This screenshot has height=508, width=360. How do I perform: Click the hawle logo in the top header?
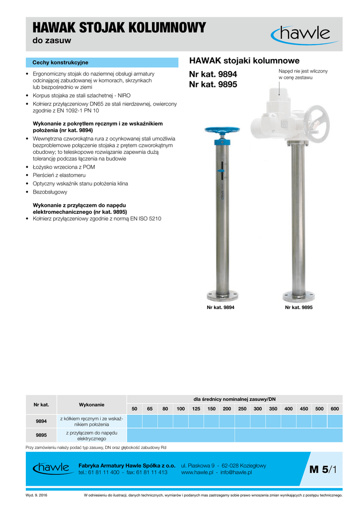(x=301, y=34)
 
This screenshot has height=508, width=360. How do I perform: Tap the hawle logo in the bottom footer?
(x=51, y=468)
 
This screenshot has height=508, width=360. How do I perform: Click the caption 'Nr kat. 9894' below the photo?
(x=220, y=308)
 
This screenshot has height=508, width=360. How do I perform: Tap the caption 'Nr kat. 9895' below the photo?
(x=298, y=308)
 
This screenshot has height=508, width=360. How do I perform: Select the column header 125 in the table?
(x=196, y=408)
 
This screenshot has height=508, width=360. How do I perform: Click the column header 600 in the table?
(x=334, y=408)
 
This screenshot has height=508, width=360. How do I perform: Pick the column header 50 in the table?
(x=135, y=408)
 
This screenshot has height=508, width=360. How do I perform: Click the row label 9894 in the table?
(x=41, y=421)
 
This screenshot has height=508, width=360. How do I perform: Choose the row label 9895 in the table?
(x=41, y=436)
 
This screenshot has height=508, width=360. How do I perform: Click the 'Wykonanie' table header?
(x=92, y=405)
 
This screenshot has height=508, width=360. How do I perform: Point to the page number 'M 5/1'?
(x=323, y=469)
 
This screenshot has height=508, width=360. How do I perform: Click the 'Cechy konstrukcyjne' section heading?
(x=60, y=63)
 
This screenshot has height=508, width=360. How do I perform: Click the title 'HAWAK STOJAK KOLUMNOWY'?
(x=119, y=28)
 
